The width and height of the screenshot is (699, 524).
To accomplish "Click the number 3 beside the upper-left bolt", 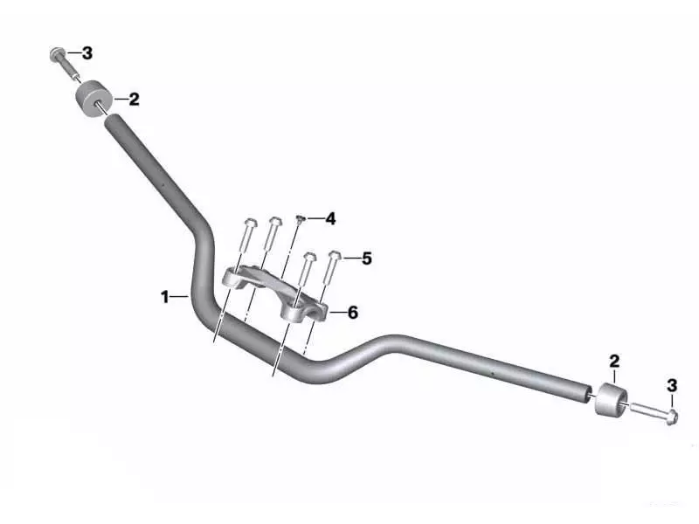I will tap(87, 53).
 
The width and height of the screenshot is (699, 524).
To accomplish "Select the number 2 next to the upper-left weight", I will tap(134, 100).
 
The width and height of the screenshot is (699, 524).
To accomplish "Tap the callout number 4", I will tap(330, 217).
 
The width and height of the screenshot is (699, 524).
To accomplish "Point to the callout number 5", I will tap(366, 259).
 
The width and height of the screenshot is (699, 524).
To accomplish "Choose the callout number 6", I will tap(353, 313).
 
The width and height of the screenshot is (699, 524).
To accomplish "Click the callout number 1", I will tap(164, 298).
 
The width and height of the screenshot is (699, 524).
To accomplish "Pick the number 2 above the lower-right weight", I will tap(614, 361).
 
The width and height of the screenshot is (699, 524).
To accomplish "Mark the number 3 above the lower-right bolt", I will tap(671, 385).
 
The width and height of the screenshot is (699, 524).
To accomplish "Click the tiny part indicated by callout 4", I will tap(300, 219).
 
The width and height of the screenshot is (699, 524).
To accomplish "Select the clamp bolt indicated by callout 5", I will tap(334, 266).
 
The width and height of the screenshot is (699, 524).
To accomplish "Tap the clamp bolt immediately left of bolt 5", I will tap(307, 267).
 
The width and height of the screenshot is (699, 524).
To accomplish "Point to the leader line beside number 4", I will tap(314, 217).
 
